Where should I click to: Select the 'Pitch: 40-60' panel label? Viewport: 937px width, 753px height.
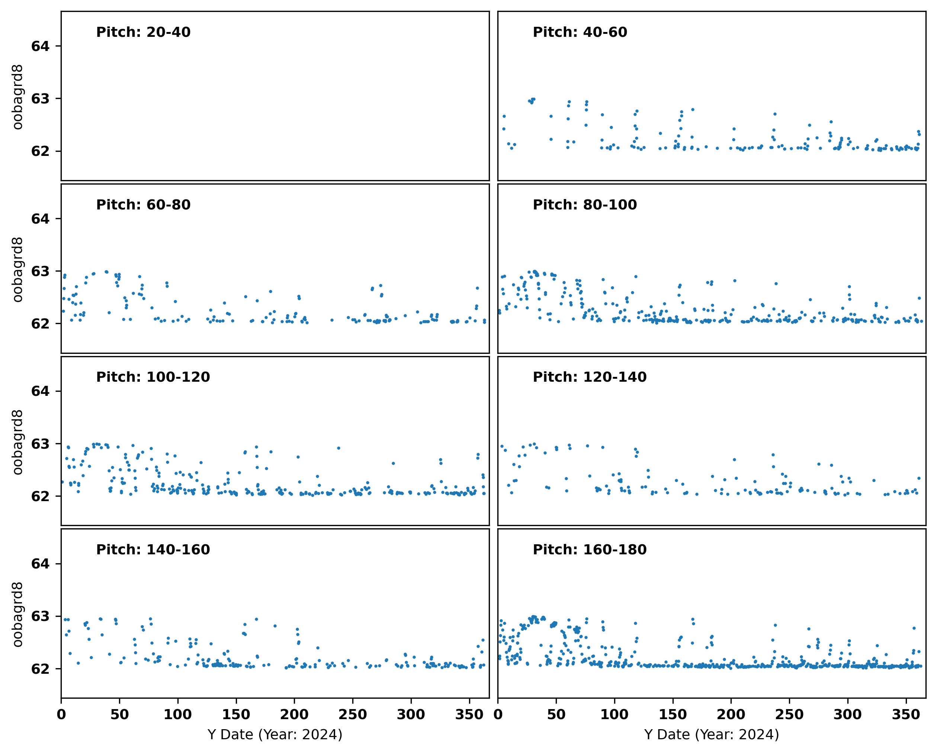[580, 32]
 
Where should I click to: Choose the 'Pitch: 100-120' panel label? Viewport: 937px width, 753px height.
[153, 377]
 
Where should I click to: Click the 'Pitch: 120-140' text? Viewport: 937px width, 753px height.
[589, 377]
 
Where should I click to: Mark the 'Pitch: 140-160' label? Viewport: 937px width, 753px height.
[153, 549]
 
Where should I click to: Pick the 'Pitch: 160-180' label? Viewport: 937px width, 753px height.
[589, 549]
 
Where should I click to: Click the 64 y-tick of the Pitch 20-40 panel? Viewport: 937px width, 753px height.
[41, 46]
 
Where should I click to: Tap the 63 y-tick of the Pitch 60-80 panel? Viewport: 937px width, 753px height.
[41, 271]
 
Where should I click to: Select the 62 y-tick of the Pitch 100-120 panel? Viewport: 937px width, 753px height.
[41, 496]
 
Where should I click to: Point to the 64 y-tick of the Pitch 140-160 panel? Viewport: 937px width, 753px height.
[41, 564]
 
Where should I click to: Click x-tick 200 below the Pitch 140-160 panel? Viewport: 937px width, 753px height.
[294, 714]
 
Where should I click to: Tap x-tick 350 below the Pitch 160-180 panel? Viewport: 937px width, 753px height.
[906, 714]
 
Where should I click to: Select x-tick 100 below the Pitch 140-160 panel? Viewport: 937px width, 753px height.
[178, 714]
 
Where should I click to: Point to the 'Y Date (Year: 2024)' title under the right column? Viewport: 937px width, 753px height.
[712, 735]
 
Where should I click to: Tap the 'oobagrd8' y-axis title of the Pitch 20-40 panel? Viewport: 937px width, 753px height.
[17, 97]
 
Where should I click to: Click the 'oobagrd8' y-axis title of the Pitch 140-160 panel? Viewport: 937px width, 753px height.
[17, 614]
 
